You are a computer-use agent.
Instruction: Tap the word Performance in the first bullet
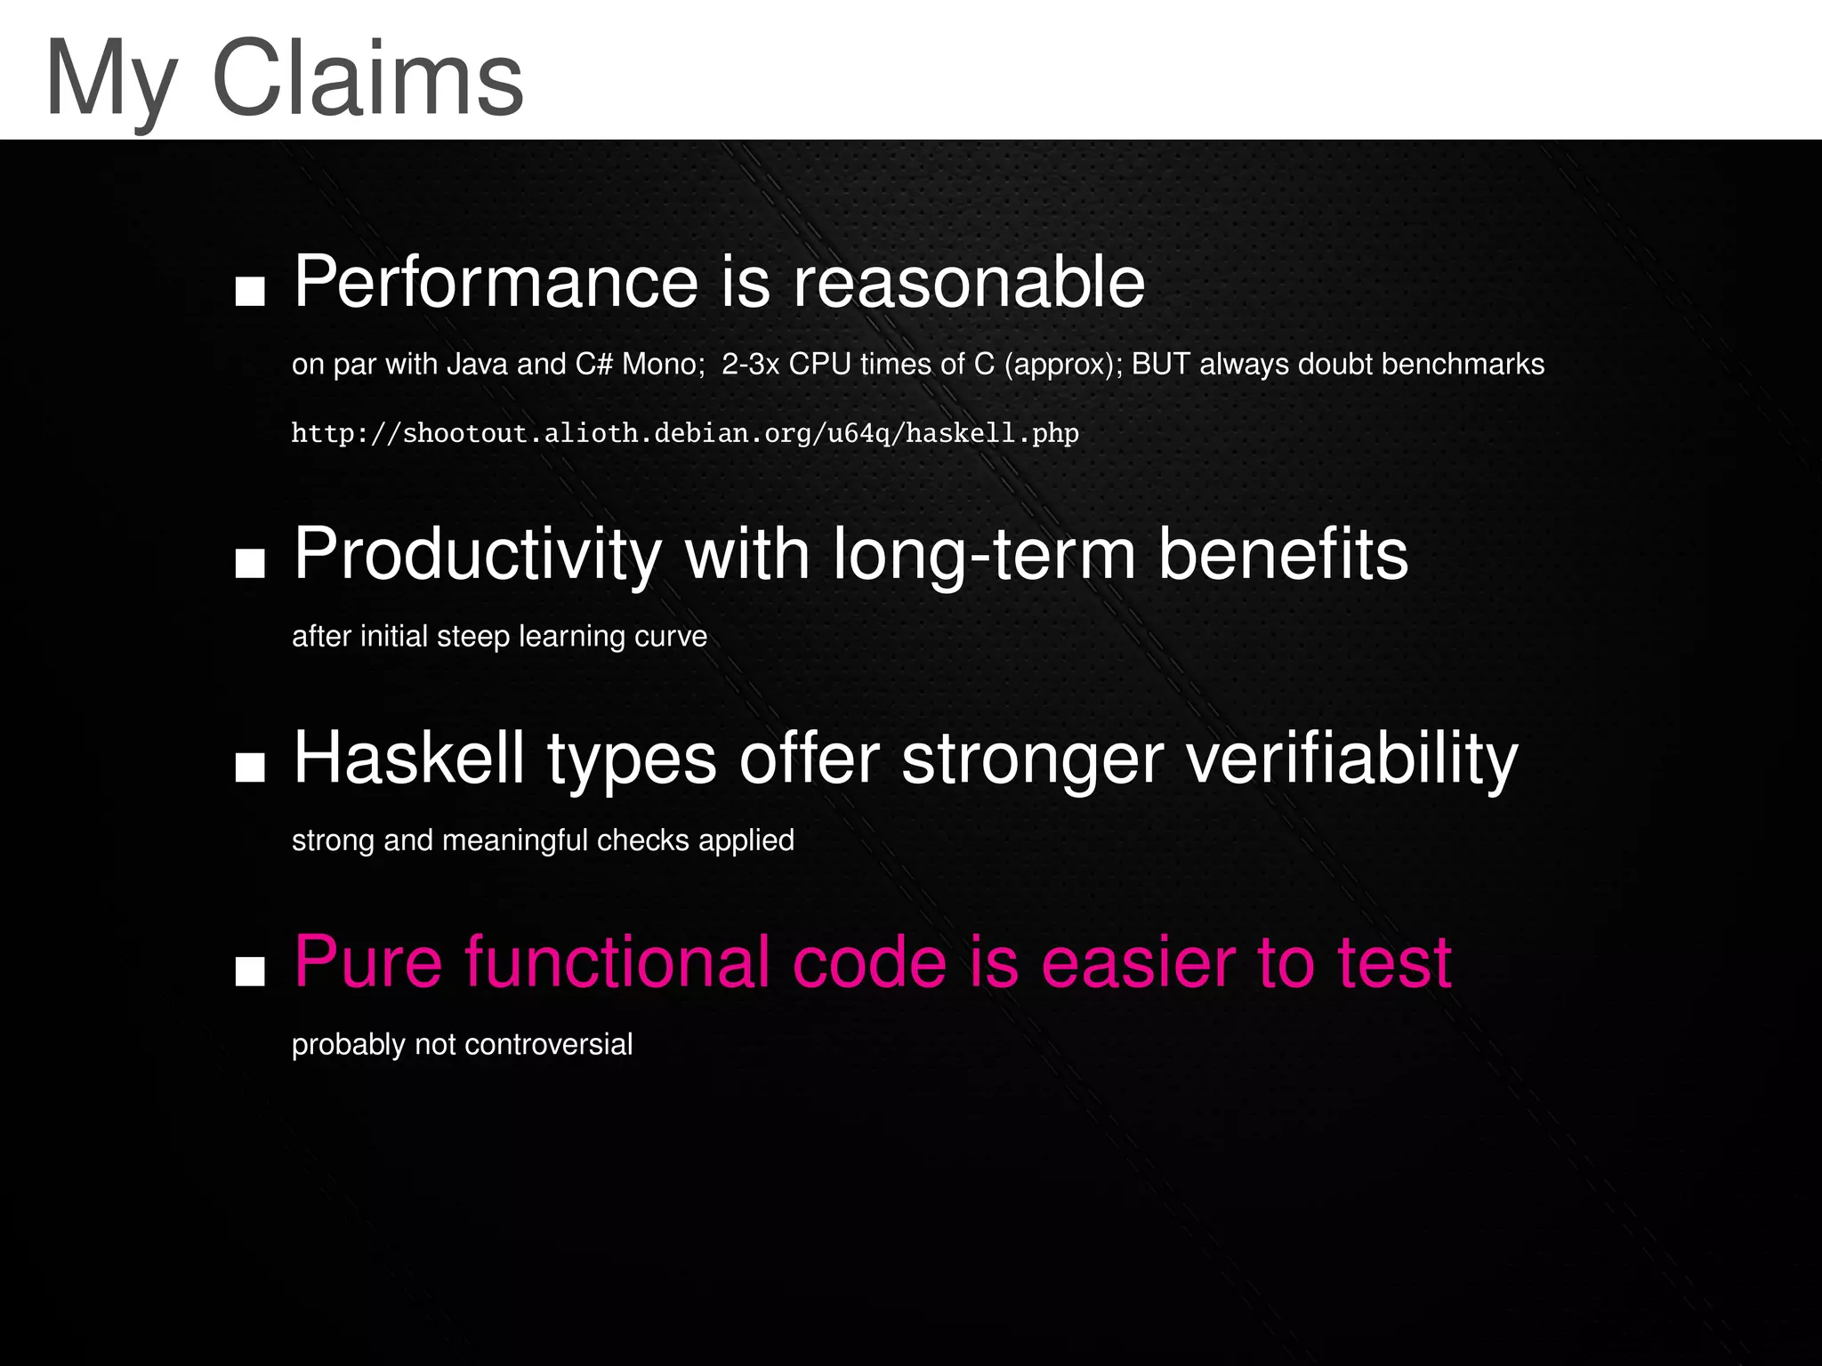pyautogui.click(x=496, y=282)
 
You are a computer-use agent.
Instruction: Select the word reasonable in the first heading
pyautogui.click(x=968, y=282)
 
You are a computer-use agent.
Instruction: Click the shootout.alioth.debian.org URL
pyautogui.click(x=685, y=434)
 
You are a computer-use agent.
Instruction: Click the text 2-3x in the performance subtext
pyautogui.click(x=750, y=365)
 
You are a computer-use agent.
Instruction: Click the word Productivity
pyautogui.click(x=477, y=556)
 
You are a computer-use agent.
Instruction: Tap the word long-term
pyautogui.click(x=983, y=556)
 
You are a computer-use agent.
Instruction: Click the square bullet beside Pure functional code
pyautogui.click(x=250, y=972)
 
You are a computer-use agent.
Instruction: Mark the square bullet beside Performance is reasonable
pyautogui.click(x=250, y=292)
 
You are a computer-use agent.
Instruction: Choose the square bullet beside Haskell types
pyautogui.click(x=250, y=768)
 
